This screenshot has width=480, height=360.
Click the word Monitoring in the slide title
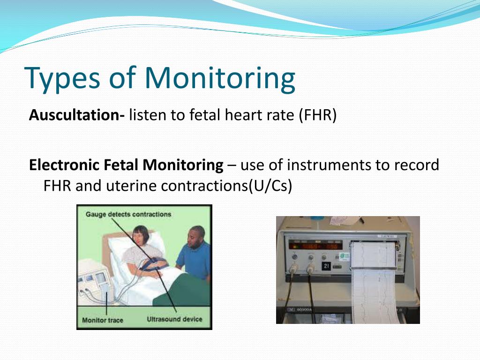(x=220, y=78)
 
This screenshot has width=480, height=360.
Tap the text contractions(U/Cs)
(x=226, y=186)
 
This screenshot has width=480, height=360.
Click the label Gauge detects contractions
(x=128, y=215)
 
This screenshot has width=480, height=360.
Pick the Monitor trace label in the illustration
(x=103, y=320)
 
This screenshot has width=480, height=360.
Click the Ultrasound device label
(x=174, y=319)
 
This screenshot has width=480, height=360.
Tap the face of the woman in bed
(x=140, y=237)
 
